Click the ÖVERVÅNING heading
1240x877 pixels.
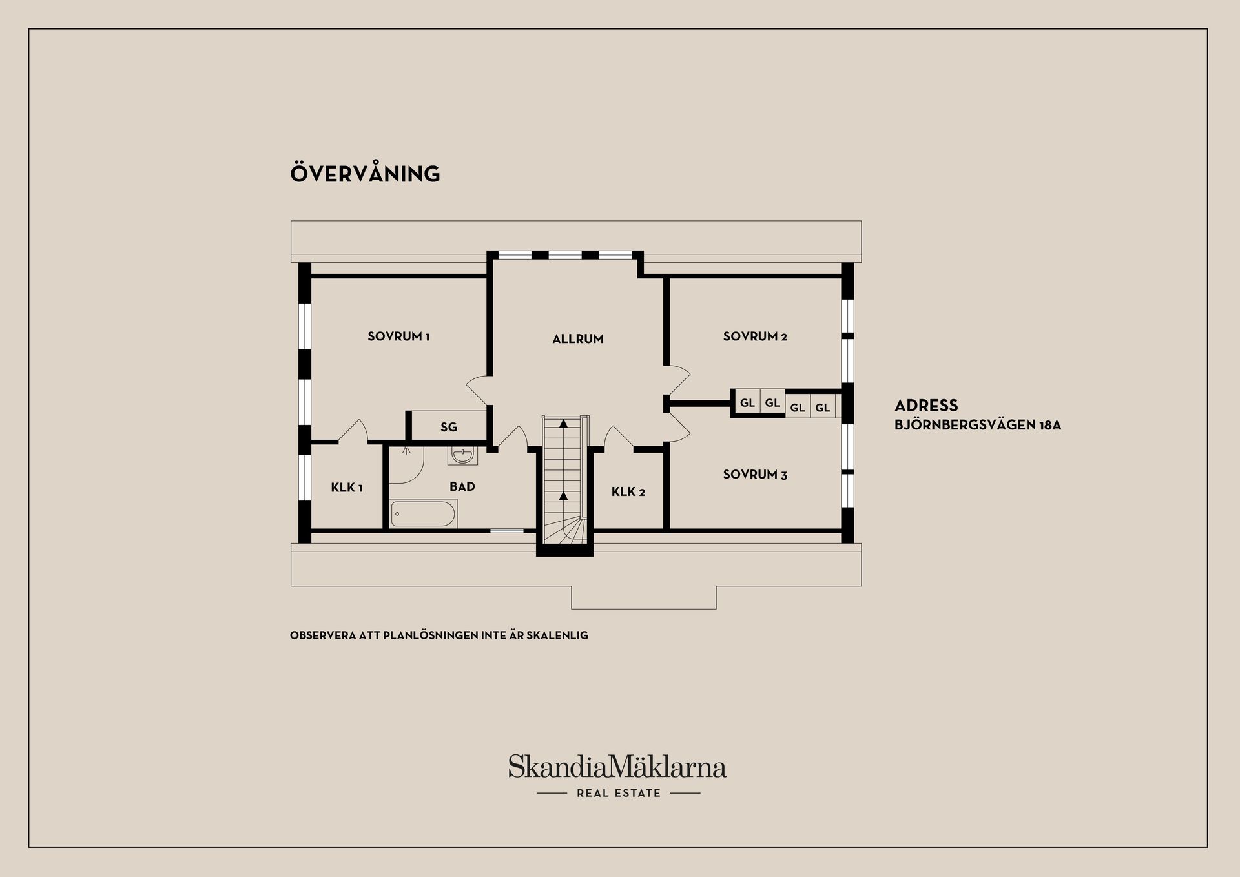point(365,173)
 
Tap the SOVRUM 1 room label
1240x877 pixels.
point(398,336)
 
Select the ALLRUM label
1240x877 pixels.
point(578,339)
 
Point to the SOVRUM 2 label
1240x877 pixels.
point(755,336)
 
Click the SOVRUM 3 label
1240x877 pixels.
point(755,475)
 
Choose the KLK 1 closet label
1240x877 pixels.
point(347,488)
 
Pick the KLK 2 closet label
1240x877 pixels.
point(628,492)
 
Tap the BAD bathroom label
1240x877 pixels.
point(462,487)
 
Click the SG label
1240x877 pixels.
point(449,427)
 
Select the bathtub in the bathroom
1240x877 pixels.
point(424,514)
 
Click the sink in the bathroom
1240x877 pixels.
point(462,455)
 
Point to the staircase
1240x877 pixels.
point(564,479)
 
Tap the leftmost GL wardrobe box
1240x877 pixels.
point(748,403)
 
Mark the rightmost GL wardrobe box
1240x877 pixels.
point(823,408)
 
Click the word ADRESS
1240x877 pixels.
point(926,406)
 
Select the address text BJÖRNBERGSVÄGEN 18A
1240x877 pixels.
point(978,426)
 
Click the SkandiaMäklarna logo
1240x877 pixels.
point(617,767)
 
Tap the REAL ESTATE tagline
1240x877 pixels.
point(619,793)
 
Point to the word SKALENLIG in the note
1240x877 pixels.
point(557,635)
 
